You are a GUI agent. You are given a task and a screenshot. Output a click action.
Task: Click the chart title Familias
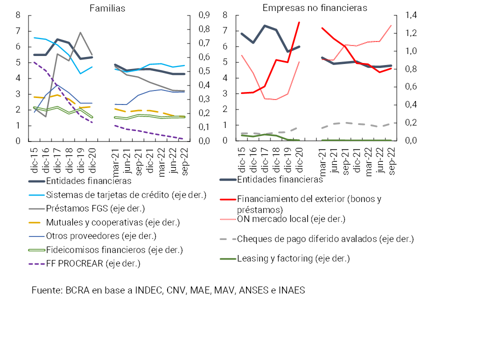click(x=107, y=8)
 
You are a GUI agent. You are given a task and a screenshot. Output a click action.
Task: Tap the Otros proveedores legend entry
click(x=101, y=235)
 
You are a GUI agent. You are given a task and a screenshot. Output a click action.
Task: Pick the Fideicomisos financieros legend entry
click(x=114, y=249)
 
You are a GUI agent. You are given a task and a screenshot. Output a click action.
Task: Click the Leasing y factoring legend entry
click(x=293, y=258)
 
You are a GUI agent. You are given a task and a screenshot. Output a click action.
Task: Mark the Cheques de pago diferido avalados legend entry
click(x=325, y=238)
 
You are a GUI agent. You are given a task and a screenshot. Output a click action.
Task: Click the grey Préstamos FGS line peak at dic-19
click(x=80, y=32)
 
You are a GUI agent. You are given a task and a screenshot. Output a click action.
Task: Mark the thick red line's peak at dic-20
click(x=299, y=22)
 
